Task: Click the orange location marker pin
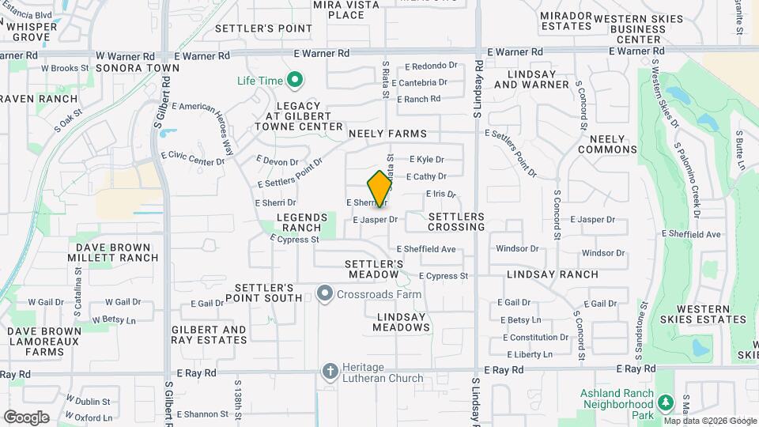tap(380, 188)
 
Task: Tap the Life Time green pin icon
tap(295, 80)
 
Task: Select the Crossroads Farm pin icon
tap(324, 295)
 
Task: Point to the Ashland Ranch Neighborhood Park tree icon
tap(666, 402)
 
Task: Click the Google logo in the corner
tap(26, 417)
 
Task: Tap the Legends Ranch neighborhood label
tap(301, 222)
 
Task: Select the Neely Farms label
tap(387, 134)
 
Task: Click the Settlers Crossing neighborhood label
tap(456, 221)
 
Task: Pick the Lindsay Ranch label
tap(553, 274)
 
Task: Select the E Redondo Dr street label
tap(431, 66)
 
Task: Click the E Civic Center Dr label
tap(192, 157)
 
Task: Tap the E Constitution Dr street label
tap(536, 338)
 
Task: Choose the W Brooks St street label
tap(65, 69)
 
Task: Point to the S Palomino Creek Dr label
tap(687, 179)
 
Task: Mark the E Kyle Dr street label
tap(426, 160)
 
